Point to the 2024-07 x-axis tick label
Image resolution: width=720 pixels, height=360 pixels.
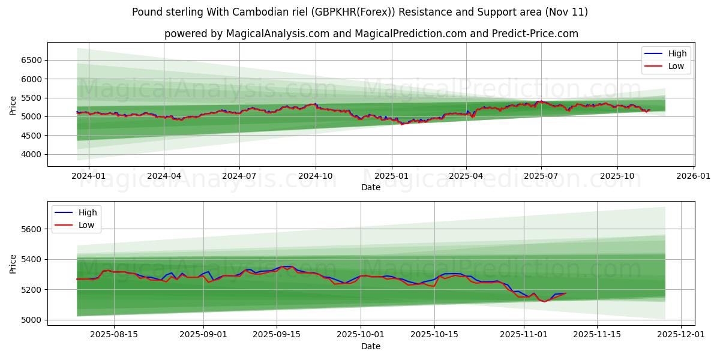coord(239,176)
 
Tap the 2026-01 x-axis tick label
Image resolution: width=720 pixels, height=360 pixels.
coord(694,176)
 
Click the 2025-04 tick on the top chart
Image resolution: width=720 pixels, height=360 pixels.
coord(466,176)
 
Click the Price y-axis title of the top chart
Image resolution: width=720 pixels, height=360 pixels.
coord(13,105)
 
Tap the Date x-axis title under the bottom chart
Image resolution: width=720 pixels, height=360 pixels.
coord(370,346)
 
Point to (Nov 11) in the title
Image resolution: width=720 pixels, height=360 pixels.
coord(567,12)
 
